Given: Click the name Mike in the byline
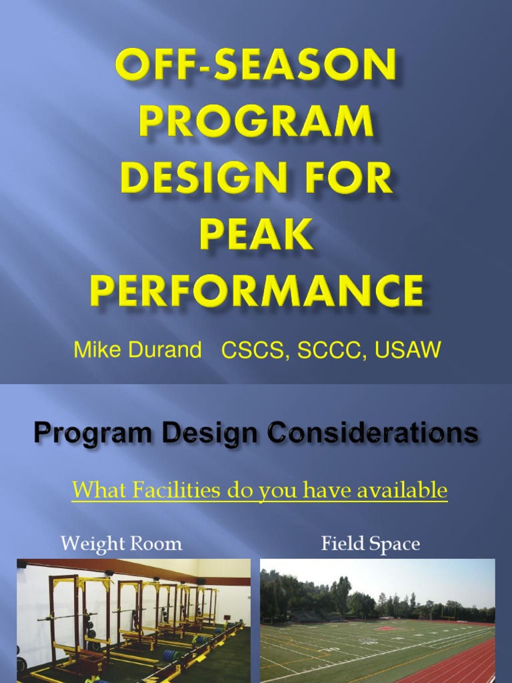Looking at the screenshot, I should tap(99, 350).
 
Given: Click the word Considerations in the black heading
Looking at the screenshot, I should tap(372, 434).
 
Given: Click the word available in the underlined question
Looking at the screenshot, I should tap(403, 491).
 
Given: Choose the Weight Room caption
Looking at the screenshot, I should tap(121, 544).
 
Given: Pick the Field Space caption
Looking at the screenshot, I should tap(371, 544).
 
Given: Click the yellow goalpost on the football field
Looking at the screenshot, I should tap(452, 610).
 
